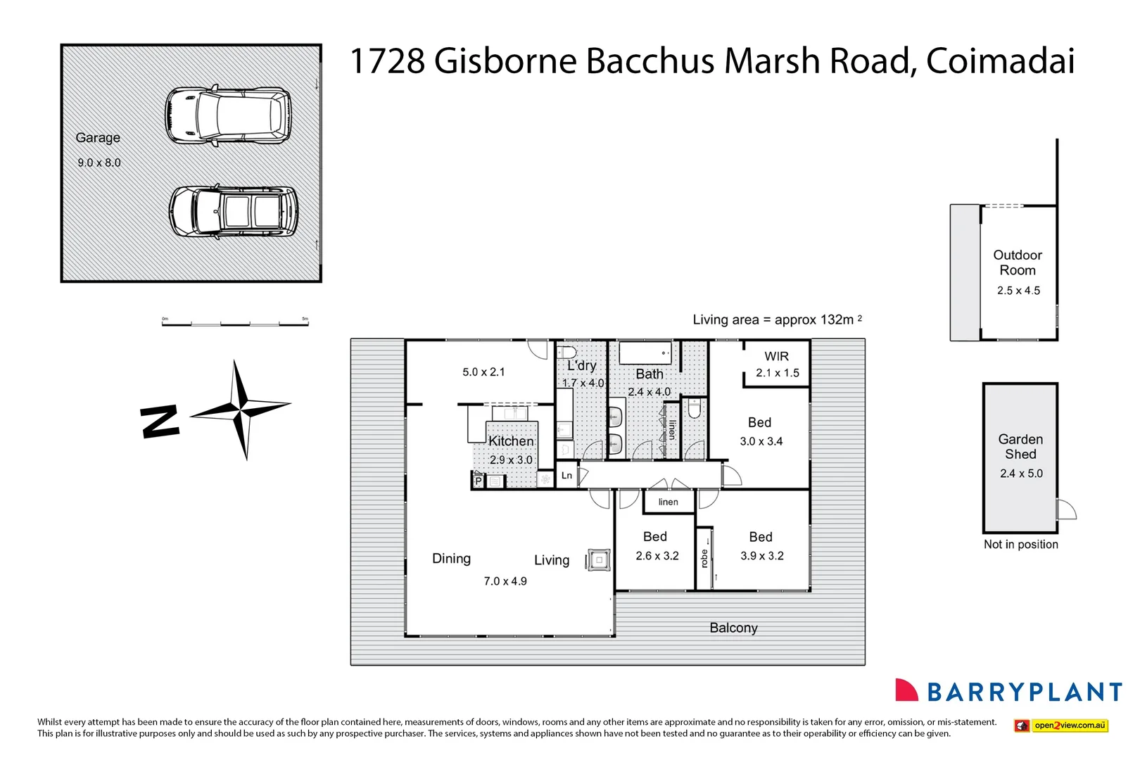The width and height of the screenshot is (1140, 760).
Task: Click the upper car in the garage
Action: (x=228, y=116)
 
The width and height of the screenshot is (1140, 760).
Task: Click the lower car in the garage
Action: (x=234, y=211)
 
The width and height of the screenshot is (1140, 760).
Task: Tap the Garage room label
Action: (x=98, y=138)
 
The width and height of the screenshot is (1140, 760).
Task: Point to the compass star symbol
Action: (x=241, y=408)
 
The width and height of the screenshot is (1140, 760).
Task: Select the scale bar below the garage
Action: (x=235, y=323)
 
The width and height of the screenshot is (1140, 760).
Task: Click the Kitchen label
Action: (x=511, y=441)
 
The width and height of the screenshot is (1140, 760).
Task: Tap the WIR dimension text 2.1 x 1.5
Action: (x=778, y=373)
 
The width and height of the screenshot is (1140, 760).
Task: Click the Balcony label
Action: (x=733, y=628)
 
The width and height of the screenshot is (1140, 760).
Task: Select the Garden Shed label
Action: (x=1020, y=447)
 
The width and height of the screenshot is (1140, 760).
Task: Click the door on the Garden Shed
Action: (x=1066, y=509)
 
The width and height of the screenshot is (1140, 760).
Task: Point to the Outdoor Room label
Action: (x=1018, y=262)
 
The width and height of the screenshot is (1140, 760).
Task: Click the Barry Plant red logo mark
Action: (x=906, y=690)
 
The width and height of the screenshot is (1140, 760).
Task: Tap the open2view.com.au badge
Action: (x=1061, y=726)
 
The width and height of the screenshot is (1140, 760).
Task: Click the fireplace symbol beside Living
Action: (x=599, y=560)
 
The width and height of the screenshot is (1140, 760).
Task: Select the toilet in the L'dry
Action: (x=567, y=352)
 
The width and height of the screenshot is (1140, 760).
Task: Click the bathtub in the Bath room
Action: (x=645, y=353)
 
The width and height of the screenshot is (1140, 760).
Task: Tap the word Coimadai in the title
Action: (x=1000, y=61)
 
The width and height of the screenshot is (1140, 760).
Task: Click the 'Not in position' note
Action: (x=1020, y=544)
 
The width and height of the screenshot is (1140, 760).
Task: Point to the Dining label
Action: (x=451, y=559)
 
